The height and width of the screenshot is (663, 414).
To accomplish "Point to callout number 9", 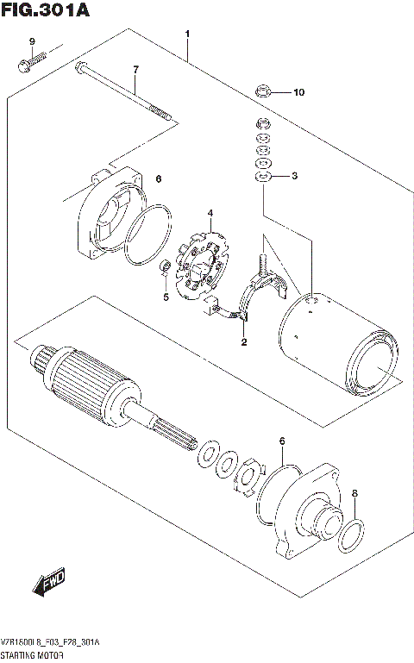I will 31,42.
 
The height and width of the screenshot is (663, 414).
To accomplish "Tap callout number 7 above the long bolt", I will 135,69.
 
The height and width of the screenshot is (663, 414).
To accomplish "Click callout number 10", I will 298,92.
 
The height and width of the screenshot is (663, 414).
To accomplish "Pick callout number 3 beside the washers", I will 294,177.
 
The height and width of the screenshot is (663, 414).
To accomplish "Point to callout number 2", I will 244,342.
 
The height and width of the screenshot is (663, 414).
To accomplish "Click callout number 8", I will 353,494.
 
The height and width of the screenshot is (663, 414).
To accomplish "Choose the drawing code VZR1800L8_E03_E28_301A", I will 51,645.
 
